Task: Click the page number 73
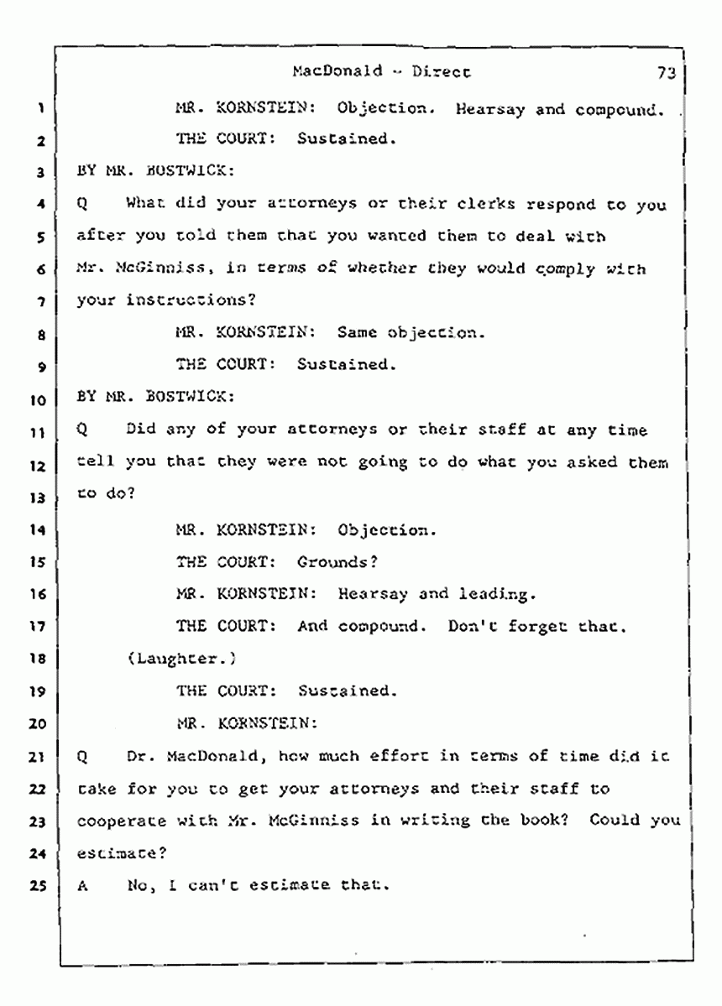pyautogui.click(x=666, y=72)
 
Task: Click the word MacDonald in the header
pyautogui.click(x=337, y=70)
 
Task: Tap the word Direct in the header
pyautogui.click(x=441, y=71)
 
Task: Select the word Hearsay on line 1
pyautogui.click(x=489, y=110)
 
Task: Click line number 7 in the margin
pyautogui.click(x=41, y=301)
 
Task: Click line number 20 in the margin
pyautogui.click(x=38, y=724)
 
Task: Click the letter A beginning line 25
pyautogui.click(x=82, y=886)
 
